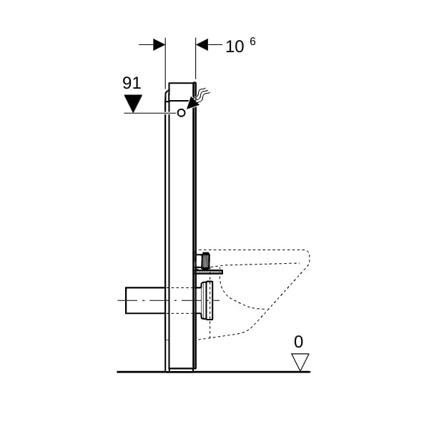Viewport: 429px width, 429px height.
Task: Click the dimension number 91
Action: point(132,83)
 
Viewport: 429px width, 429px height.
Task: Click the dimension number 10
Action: point(235,46)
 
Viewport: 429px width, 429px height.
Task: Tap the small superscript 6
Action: point(252,41)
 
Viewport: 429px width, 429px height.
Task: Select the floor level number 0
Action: point(298,342)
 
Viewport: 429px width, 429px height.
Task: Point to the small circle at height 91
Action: point(181,113)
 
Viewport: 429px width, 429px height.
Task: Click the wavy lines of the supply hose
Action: point(202,93)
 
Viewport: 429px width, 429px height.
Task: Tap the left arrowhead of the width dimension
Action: point(159,44)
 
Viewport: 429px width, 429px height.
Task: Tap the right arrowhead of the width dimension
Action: point(202,44)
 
